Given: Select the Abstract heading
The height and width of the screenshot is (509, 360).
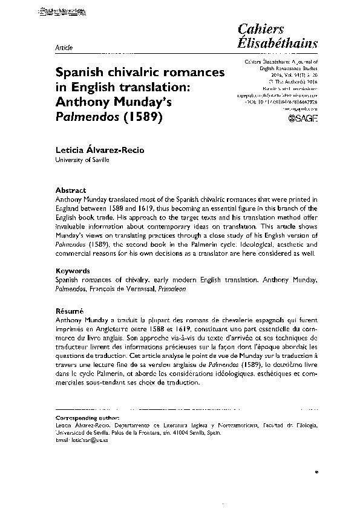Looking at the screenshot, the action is pos(70,190).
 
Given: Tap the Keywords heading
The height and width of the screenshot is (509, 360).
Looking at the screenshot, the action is pos(73,271).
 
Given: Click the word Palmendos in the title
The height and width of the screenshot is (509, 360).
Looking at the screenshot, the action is pos(84,117).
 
